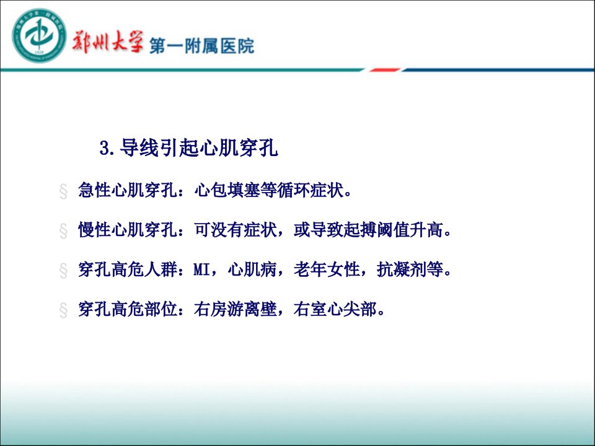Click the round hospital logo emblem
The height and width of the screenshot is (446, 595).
[40, 36]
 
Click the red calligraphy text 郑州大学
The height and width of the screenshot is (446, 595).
[108, 41]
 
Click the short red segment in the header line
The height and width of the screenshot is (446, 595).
[385, 70]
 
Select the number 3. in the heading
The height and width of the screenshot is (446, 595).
[107, 148]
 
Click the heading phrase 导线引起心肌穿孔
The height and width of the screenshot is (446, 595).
[199, 147]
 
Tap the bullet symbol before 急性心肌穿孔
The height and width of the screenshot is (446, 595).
[63, 191]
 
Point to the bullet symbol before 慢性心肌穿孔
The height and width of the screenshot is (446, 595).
[63, 230]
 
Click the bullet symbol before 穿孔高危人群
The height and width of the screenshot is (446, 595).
[63, 271]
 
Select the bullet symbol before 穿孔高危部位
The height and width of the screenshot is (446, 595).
[63, 310]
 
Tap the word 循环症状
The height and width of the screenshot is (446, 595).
[310, 190]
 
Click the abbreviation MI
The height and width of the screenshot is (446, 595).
[202, 269]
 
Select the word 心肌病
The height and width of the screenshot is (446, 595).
[252, 269]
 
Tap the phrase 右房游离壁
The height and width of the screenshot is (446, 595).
[236, 308]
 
